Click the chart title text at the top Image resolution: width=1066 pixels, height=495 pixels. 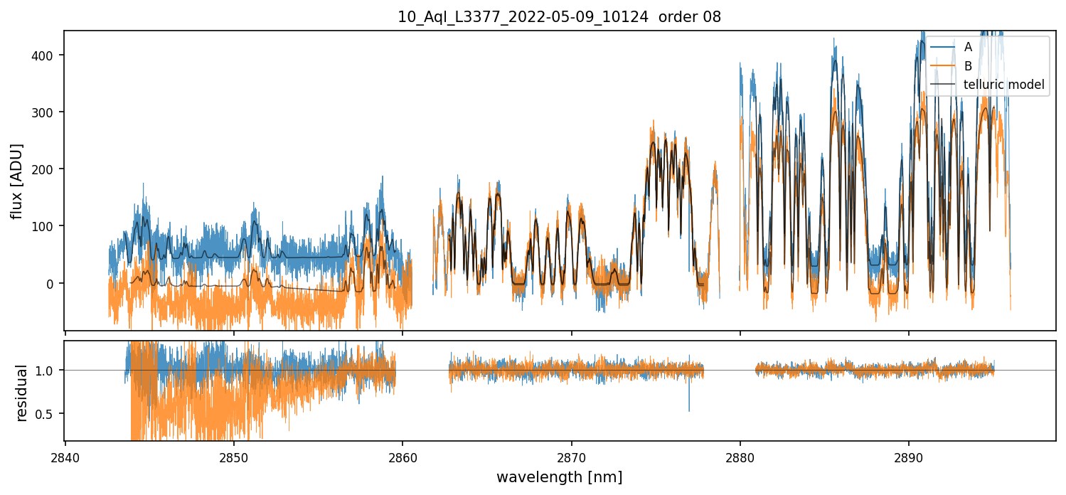pyautogui.click(x=559, y=17)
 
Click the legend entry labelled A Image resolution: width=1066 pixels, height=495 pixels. pyautogui.click(x=968, y=48)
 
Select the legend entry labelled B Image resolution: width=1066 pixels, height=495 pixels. pyautogui.click(x=968, y=66)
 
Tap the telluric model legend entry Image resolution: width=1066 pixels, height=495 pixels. pyautogui.click(x=1003, y=85)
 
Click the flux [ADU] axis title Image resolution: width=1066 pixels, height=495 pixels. pyautogui.click(x=17, y=181)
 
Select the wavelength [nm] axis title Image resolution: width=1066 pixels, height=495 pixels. pyautogui.click(x=559, y=477)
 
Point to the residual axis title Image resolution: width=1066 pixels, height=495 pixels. pyautogui.click(x=22, y=392)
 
